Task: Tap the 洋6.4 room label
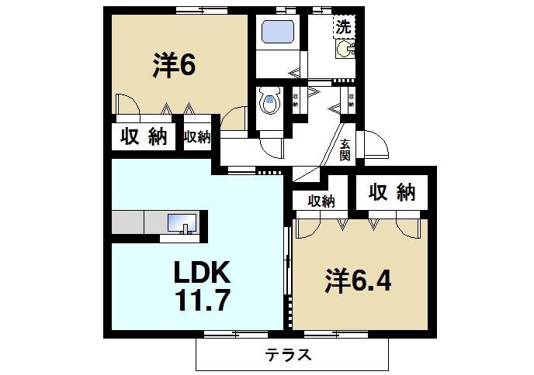pos(358,280)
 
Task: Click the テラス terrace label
pos(289,356)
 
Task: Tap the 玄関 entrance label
pos(345,148)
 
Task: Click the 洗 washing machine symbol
pos(343,26)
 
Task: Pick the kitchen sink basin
pos(183,223)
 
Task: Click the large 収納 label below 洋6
pos(144,137)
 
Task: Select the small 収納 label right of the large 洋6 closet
pos(197,137)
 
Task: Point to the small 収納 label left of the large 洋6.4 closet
pos(321,201)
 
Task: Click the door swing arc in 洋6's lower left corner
pos(127,103)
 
